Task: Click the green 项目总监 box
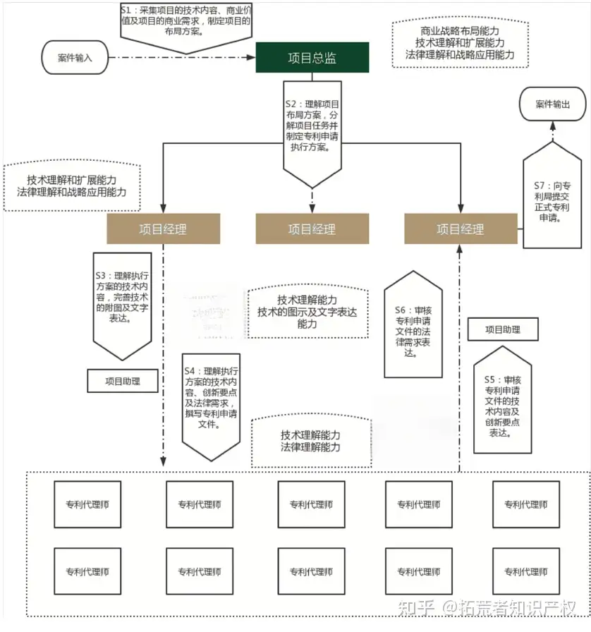tap(312, 58)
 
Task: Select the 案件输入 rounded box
tap(75, 57)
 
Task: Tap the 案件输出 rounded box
tap(552, 104)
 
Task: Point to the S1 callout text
tap(185, 22)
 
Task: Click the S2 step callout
tap(312, 127)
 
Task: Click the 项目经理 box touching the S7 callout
tap(460, 229)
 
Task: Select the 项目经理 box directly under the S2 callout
tap(312, 229)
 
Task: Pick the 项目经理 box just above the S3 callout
tap(164, 229)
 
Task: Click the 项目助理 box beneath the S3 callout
tap(123, 381)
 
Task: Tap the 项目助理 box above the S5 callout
tap(503, 329)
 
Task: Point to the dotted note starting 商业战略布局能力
tap(460, 43)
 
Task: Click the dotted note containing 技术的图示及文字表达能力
tap(307, 311)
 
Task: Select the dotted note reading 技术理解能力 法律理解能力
tap(310, 442)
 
